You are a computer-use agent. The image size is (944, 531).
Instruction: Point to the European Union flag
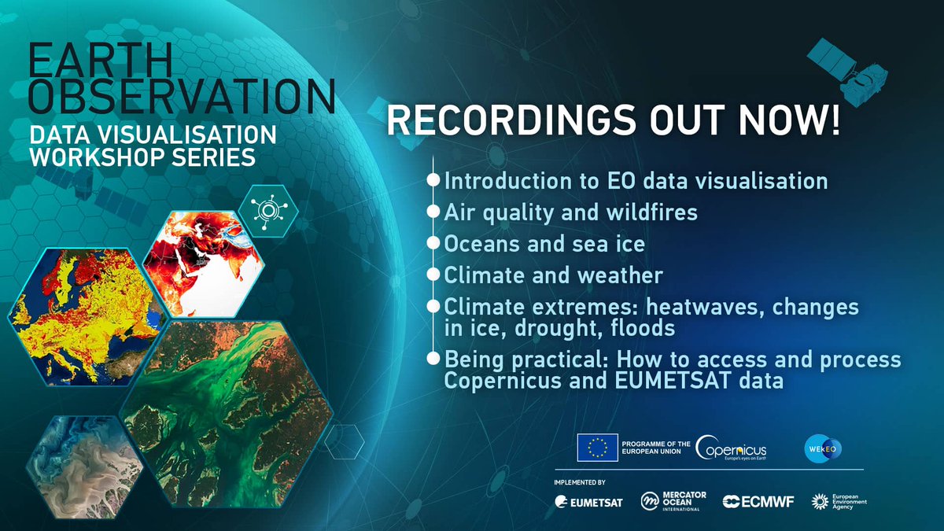pyautogui.click(x=596, y=448)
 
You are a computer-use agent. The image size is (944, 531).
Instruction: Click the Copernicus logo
pyautogui.click(x=732, y=448)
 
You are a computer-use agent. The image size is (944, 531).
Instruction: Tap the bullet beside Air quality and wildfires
pyautogui.click(x=433, y=212)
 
